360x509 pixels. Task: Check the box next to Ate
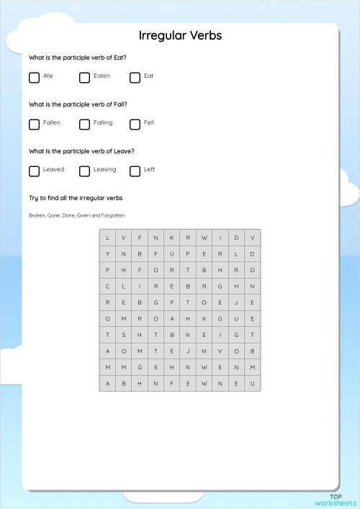pos(34,77)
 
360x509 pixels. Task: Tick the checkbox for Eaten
pos(84,77)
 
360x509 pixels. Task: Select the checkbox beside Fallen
pos(34,124)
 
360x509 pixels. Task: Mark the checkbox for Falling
pos(84,124)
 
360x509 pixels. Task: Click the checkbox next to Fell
pos(135,124)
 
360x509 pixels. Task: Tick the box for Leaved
pos(34,171)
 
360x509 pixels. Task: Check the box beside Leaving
pos(84,171)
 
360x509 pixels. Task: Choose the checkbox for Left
pos(135,171)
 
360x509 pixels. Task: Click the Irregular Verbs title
pos(180,35)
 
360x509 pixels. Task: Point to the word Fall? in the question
pos(119,104)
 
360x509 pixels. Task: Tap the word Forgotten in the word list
pos(112,215)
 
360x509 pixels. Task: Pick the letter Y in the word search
pos(107,253)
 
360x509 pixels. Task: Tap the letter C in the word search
pos(107,286)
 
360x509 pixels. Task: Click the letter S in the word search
pos(123,335)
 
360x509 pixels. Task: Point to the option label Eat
pos(148,76)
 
